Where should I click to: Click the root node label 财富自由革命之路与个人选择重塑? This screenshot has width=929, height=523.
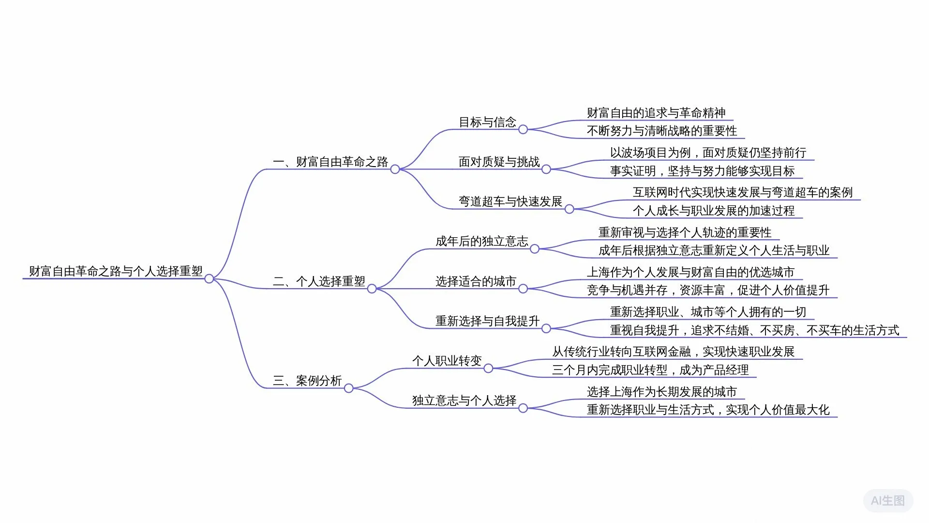(x=116, y=271)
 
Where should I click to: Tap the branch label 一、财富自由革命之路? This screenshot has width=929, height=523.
(x=330, y=162)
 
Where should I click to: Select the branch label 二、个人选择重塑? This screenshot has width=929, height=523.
(x=319, y=281)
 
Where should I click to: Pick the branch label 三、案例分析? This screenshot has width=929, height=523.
(x=307, y=381)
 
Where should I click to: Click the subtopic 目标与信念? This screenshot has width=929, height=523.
(x=487, y=122)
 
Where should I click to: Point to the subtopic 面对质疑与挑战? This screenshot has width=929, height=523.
(x=499, y=162)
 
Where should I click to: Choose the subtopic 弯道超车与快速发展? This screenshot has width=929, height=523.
(x=510, y=201)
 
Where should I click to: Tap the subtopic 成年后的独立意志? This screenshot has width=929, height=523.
(x=481, y=241)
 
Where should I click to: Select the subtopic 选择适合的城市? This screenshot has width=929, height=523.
(x=476, y=281)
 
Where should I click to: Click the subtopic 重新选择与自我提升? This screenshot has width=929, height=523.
(x=487, y=321)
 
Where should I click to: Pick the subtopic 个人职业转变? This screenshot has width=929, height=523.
(x=447, y=361)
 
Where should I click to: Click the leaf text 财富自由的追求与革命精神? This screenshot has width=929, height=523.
(x=656, y=113)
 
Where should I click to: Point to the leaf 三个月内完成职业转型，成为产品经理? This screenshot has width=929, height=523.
(x=650, y=370)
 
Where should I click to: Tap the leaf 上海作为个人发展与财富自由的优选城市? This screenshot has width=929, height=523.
(x=690, y=272)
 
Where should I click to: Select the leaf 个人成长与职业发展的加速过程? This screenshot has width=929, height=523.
(x=714, y=211)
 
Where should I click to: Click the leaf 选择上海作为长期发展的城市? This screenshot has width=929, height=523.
(x=661, y=392)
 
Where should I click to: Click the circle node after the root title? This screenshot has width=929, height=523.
(x=209, y=278)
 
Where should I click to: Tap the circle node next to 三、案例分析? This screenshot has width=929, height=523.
(x=348, y=388)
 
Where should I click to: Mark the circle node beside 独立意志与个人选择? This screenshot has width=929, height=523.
(x=523, y=408)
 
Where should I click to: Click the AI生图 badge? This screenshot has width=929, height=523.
(x=888, y=501)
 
